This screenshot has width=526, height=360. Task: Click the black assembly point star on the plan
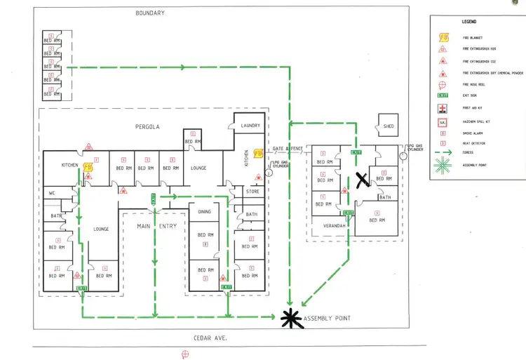(289, 319)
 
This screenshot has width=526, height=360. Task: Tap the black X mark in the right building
(363, 180)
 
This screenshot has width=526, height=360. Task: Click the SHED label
(389, 126)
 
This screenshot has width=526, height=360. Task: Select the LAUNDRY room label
(250, 126)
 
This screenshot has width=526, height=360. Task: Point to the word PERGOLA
(149, 127)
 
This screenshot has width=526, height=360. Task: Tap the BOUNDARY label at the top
(150, 13)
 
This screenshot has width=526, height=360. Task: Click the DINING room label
(204, 211)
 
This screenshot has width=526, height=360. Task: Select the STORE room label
(252, 191)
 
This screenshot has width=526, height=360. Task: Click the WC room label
(52, 193)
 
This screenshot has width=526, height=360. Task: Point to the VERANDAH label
(334, 226)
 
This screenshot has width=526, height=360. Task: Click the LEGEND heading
(470, 22)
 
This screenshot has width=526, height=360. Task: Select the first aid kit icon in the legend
(443, 108)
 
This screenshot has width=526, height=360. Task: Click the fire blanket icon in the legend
(443, 37)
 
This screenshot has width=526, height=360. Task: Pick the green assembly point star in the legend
(443, 166)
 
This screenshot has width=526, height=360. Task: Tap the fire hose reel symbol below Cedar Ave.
(184, 354)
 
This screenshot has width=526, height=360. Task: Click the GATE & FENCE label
(288, 148)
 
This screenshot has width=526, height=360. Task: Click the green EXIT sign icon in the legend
(443, 95)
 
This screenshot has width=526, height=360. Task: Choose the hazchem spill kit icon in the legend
(443, 121)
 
